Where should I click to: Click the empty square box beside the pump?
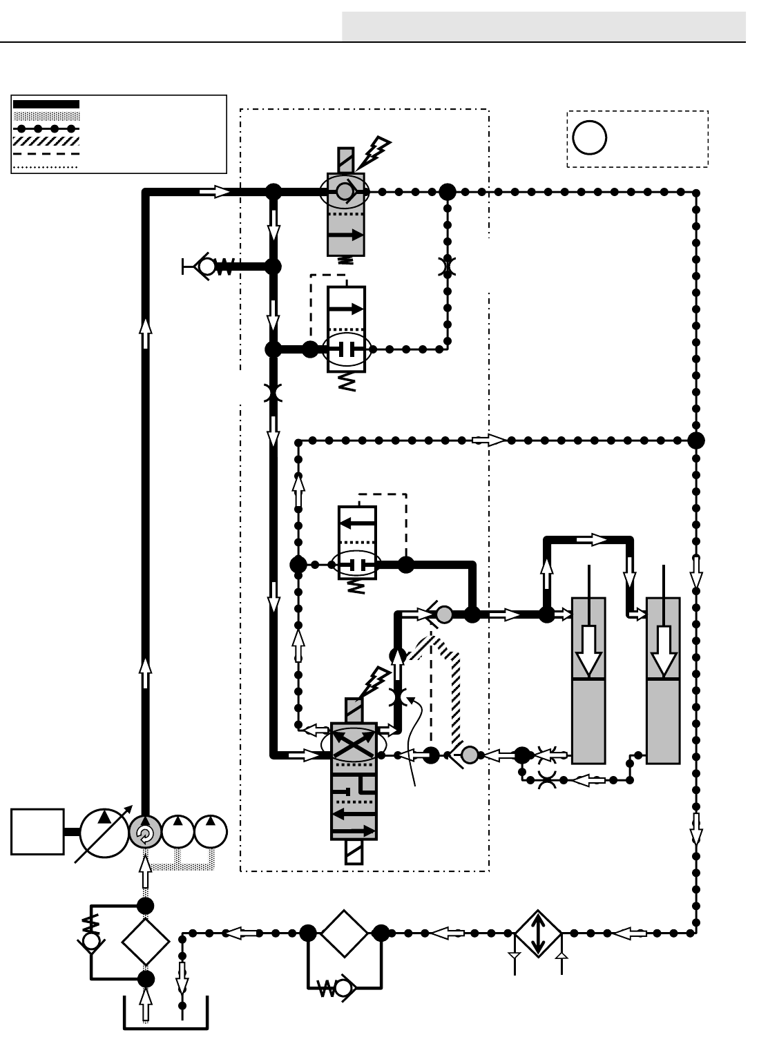click(x=37, y=832)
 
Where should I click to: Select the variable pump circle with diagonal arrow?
click(x=104, y=833)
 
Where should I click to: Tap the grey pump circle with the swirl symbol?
click(x=145, y=833)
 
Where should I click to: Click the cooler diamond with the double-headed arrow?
click(x=539, y=933)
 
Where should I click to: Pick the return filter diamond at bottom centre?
click(x=344, y=933)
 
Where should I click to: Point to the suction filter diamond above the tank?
click(x=146, y=942)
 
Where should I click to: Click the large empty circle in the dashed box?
click(x=589, y=137)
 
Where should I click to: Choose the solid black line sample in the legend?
click(x=46, y=104)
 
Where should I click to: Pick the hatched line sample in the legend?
click(x=46, y=141)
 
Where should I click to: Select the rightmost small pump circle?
click(x=211, y=831)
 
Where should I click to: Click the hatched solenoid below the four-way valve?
click(x=354, y=851)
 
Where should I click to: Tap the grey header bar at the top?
click(x=544, y=26)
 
